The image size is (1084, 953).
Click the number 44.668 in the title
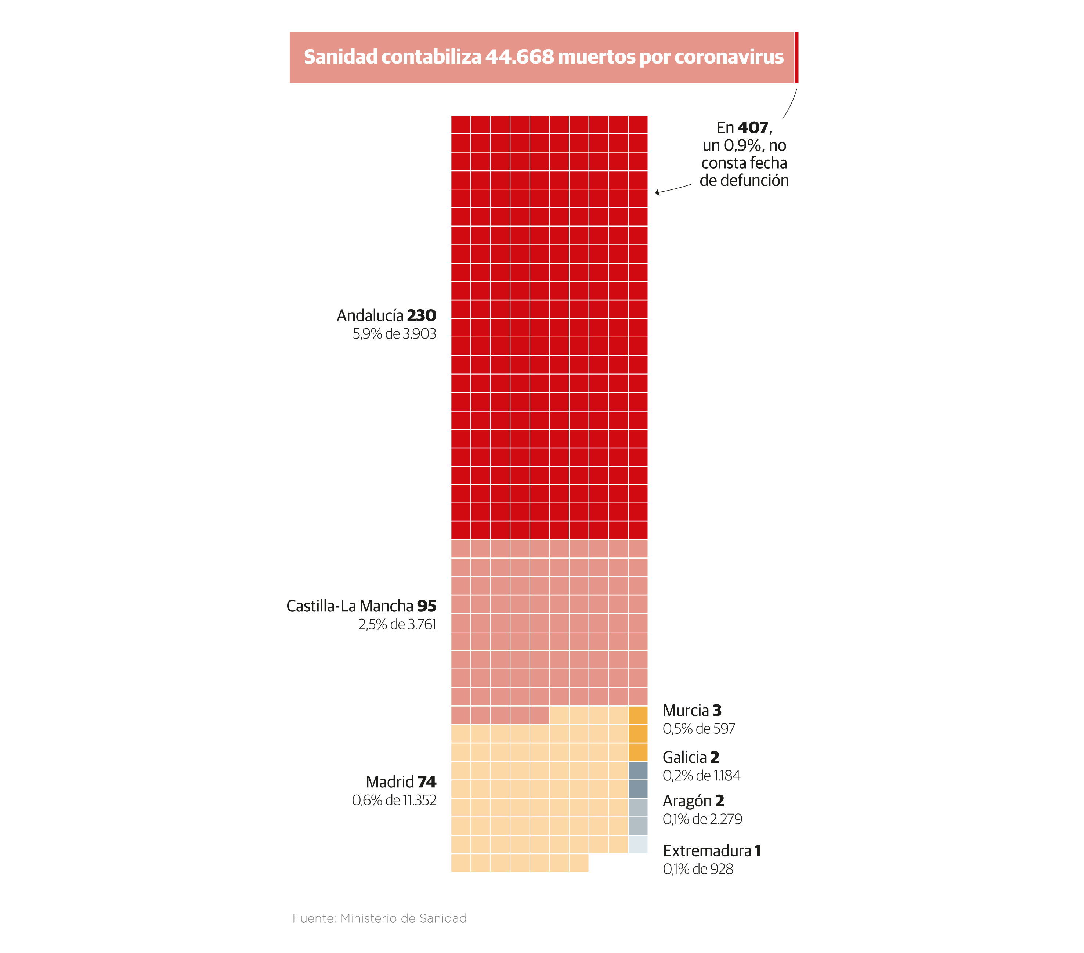click(x=519, y=57)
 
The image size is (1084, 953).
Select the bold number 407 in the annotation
click(x=752, y=128)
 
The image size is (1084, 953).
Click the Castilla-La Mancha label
click(x=350, y=606)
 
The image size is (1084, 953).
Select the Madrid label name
click(x=390, y=782)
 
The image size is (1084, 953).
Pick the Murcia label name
click(x=686, y=711)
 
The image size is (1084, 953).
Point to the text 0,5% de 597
click(x=698, y=729)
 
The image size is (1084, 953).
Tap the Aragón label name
click(x=687, y=801)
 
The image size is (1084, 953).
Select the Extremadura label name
click(x=707, y=851)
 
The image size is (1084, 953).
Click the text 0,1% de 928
click(x=698, y=869)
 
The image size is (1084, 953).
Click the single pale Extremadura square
click(x=638, y=844)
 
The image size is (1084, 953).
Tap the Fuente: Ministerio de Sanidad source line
click(x=379, y=918)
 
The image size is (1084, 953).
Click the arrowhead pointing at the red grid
click(x=657, y=192)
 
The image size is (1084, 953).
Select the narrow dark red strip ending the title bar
click(x=796, y=57)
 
